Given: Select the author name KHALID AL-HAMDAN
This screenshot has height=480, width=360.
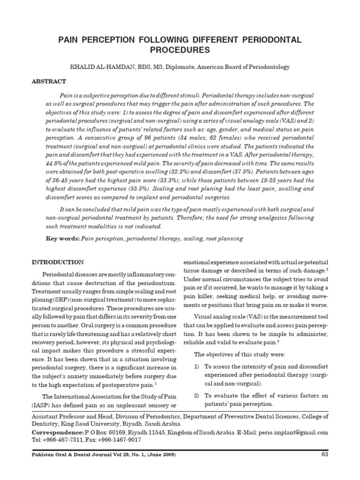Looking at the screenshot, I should (x=101, y=67).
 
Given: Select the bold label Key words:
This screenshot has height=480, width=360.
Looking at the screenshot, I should (x=62, y=239).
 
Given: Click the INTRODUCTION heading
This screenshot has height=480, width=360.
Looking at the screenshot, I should (x=58, y=262).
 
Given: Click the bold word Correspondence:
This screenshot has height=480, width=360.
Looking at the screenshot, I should (x=57, y=433).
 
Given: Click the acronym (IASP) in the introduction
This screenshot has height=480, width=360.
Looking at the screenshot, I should (x=42, y=405).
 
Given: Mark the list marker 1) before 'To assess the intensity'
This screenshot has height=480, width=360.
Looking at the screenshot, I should (x=197, y=366).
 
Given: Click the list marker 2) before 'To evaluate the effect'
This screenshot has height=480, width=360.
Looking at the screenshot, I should (x=197, y=396).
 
